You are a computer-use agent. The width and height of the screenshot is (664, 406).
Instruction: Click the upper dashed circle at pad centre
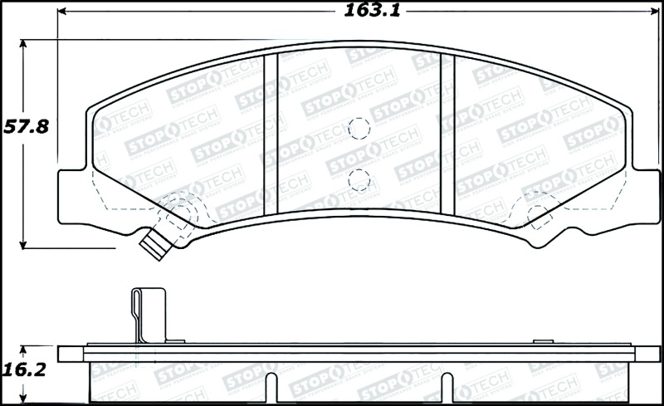pos(359,128)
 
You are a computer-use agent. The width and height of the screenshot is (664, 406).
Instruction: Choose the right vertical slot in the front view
pos(448,133)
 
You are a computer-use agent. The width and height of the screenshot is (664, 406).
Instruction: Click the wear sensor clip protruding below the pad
pos(154,244)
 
